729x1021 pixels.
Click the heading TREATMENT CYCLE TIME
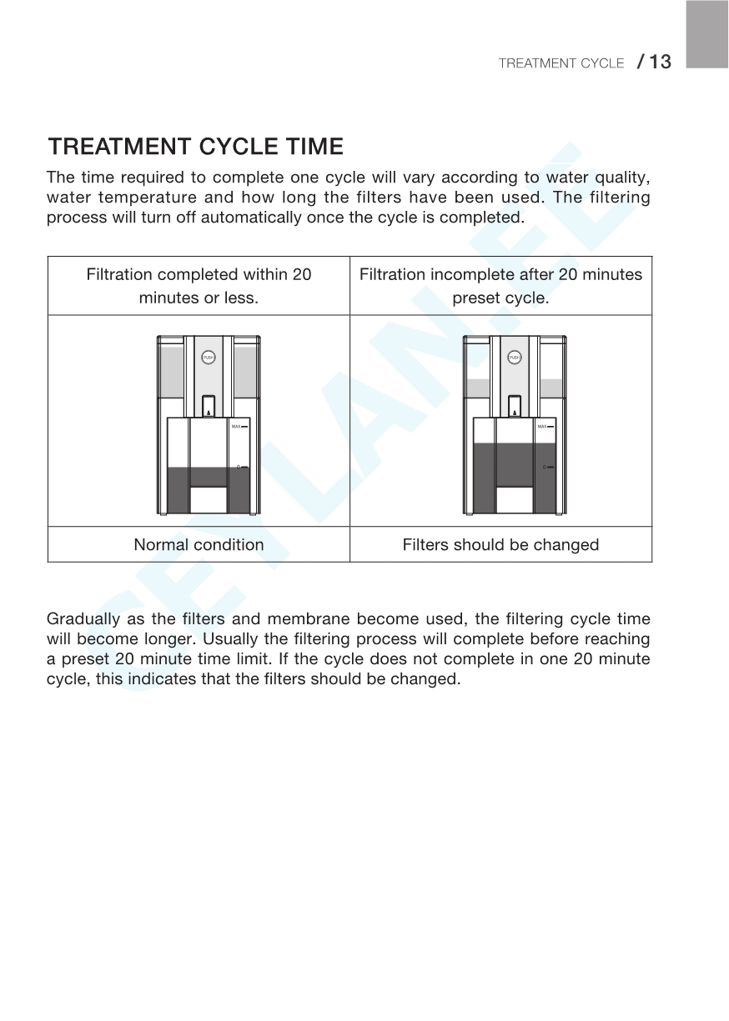click(196, 148)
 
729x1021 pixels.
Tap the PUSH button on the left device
click(209, 358)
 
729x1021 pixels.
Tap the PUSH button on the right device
click(515, 358)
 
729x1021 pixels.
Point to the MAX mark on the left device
click(239, 427)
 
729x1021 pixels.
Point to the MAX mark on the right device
click(545, 427)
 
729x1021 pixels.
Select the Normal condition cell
click(199, 545)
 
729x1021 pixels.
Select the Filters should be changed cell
click(500, 545)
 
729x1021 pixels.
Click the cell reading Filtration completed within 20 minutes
click(199, 286)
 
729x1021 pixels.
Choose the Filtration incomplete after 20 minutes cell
click(500, 286)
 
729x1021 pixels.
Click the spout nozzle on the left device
click(209, 406)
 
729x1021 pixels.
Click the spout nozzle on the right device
click(515, 406)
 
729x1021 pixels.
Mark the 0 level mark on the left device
click(242, 468)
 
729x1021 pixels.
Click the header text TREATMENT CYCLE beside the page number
click(561, 63)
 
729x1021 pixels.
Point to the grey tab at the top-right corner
click(706, 33)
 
